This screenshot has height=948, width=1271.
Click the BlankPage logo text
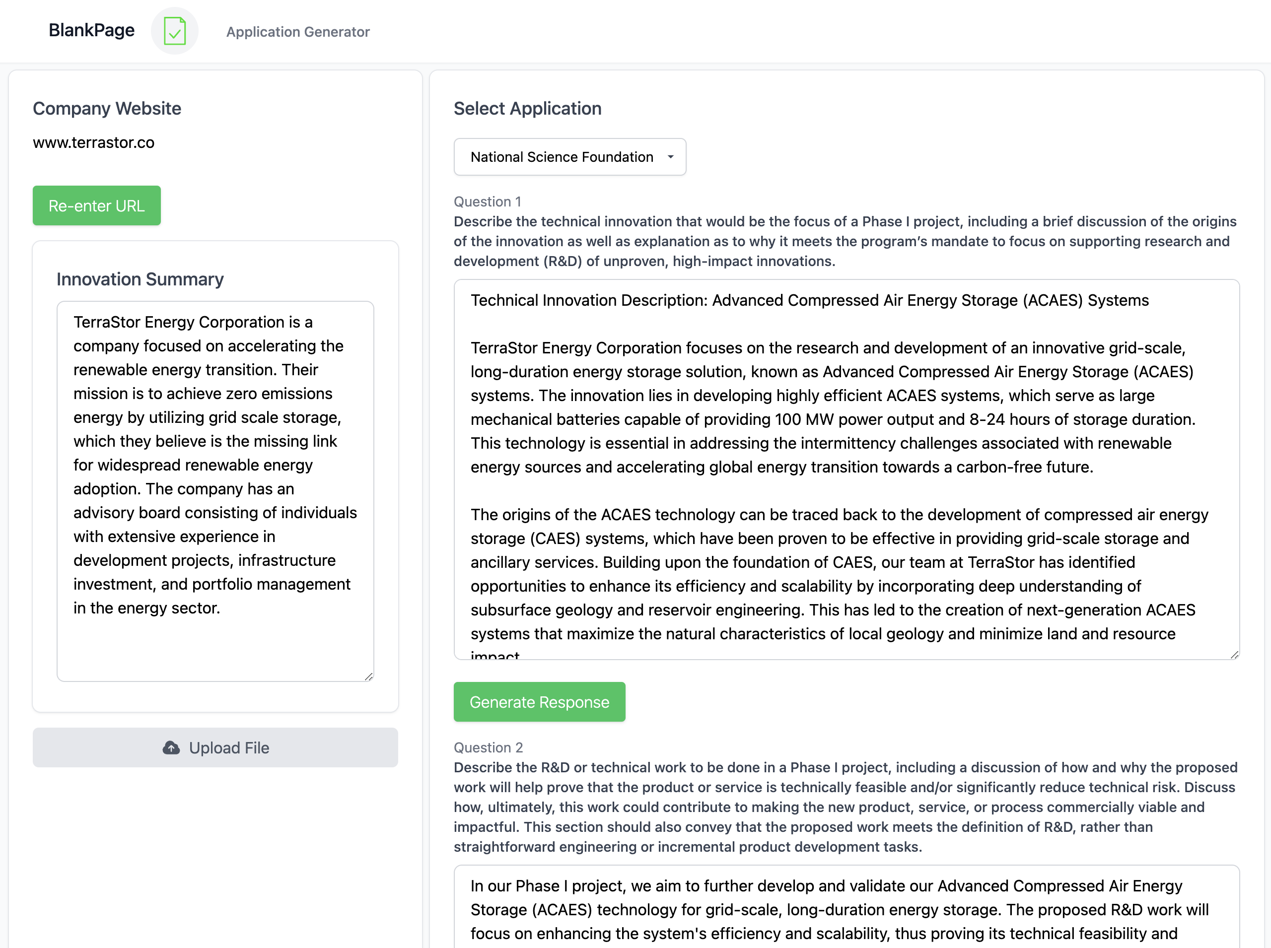tap(91, 30)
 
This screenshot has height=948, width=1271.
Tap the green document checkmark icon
tap(175, 31)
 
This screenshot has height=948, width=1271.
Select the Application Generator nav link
tap(297, 32)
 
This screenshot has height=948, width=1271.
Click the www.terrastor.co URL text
tap(93, 142)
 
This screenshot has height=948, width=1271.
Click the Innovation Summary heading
tap(140, 279)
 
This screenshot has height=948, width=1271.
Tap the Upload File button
tap(215, 747)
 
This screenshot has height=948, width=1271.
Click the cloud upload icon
tap(171, 747)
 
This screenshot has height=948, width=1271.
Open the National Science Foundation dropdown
tap(569, 157)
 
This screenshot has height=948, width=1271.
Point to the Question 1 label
tap(488, 202)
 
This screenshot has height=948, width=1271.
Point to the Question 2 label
tap(488, 747)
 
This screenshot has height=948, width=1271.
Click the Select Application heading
tap(527, 109)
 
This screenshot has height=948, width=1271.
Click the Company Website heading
tap(107, 109)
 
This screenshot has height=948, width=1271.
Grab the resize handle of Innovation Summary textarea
tap(368, 677)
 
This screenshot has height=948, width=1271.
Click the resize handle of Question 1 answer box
tap(1234, 655)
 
